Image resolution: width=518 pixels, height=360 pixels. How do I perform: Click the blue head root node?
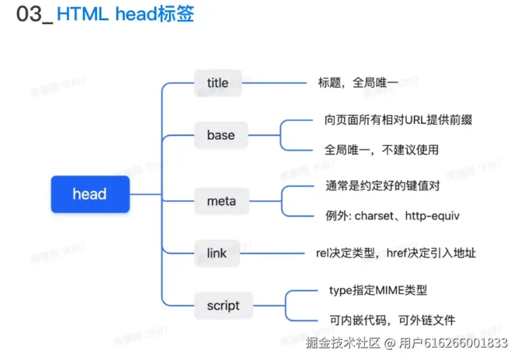click(x=89, y=193)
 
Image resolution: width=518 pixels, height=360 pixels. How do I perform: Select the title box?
click(x=217, y=82)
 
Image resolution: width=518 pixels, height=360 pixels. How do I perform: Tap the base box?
click(x=221, y=135)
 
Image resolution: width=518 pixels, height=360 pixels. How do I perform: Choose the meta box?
click(x=221, y=202)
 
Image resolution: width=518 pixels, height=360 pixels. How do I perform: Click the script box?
click(x=224, y=305)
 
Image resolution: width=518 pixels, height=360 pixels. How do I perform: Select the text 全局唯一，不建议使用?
click(x=382, y=149)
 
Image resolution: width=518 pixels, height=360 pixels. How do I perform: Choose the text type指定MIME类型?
click(x=378, y=290)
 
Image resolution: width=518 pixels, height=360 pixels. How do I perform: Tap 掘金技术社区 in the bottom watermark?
click(x=342, y=344)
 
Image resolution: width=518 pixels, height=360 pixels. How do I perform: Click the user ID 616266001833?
click(x=464, y=344)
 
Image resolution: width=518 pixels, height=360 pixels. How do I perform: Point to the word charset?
click(x=374, y=216)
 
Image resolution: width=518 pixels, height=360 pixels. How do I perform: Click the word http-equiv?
click(x=430, y=216)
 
